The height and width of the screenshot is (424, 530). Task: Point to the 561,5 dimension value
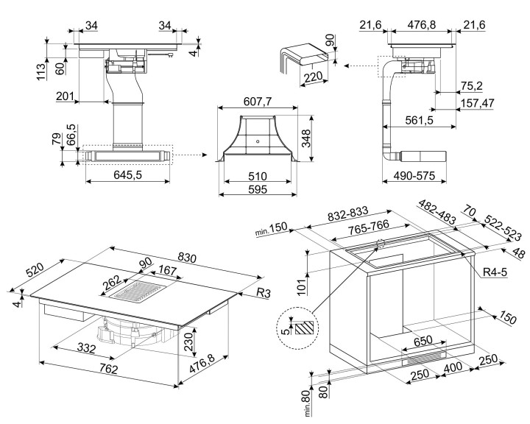(x=417, y=119)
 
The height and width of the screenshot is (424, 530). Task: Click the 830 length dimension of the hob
(x=187, y=258)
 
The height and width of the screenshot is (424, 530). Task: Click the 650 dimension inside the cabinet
(x=422, y=342)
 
